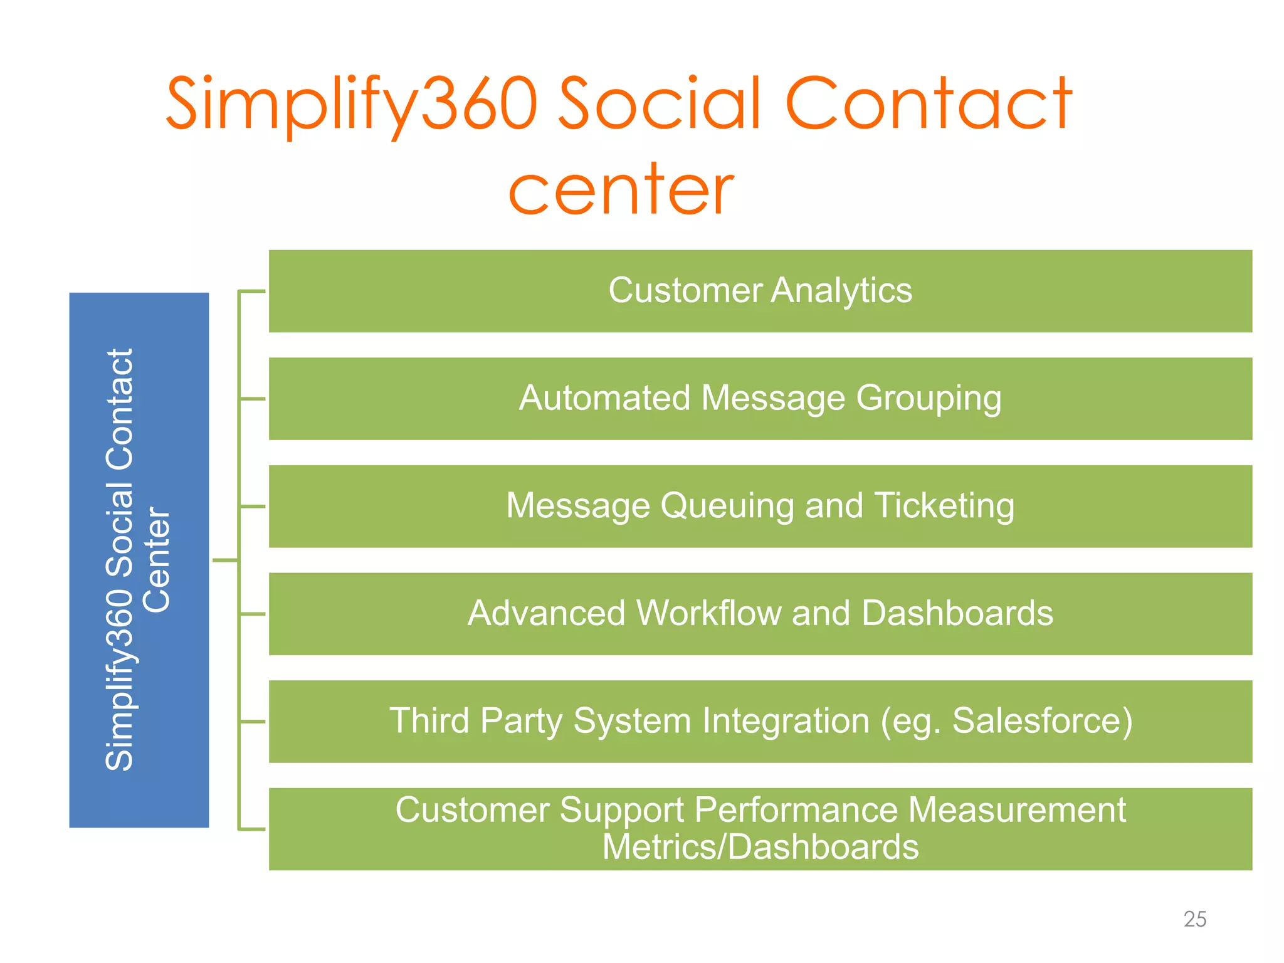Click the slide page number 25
click(1194, 919)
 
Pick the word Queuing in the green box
click(727, 507)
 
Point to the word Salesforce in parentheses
click(1036, 721)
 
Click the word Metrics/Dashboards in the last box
click(760, 848)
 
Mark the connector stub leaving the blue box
click(225, 560)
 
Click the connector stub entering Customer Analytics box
click(253, 292)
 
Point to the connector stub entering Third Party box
click(253, 722)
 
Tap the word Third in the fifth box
click(429, 721)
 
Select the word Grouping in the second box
click(929, 399)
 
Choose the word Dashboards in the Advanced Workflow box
click(957, 613)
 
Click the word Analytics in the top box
click(841, 291)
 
